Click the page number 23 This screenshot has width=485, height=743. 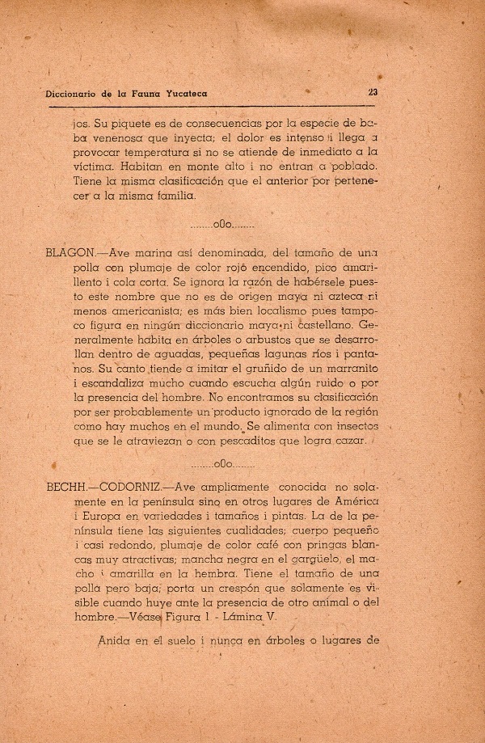[x=373, y=92]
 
